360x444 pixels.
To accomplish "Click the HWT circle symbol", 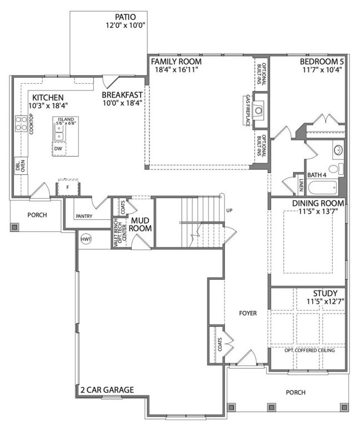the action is (86, 239).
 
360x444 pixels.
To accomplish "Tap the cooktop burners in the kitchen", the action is (21, 124).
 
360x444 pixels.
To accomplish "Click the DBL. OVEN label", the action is (21, 166).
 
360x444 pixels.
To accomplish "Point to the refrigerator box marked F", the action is (68, 187).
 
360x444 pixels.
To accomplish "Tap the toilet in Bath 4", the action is (337, 169).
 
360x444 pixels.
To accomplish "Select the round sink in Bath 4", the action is (338, 150).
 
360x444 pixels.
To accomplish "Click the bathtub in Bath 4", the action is (322, 188).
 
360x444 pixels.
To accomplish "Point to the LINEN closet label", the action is (301, 184).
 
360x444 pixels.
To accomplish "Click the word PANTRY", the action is (84, 216).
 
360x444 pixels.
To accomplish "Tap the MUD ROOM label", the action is (140, 224).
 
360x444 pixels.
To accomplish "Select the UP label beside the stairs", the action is (229, 210).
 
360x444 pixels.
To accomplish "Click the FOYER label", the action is (248, 313).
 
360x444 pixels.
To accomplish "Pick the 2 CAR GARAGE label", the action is (107, 390).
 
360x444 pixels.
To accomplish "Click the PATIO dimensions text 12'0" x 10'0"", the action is (126, 25).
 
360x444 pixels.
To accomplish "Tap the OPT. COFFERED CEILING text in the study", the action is (309, 350).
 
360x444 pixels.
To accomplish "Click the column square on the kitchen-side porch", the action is (14, 227).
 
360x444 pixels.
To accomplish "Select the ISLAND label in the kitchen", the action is (66, 119).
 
